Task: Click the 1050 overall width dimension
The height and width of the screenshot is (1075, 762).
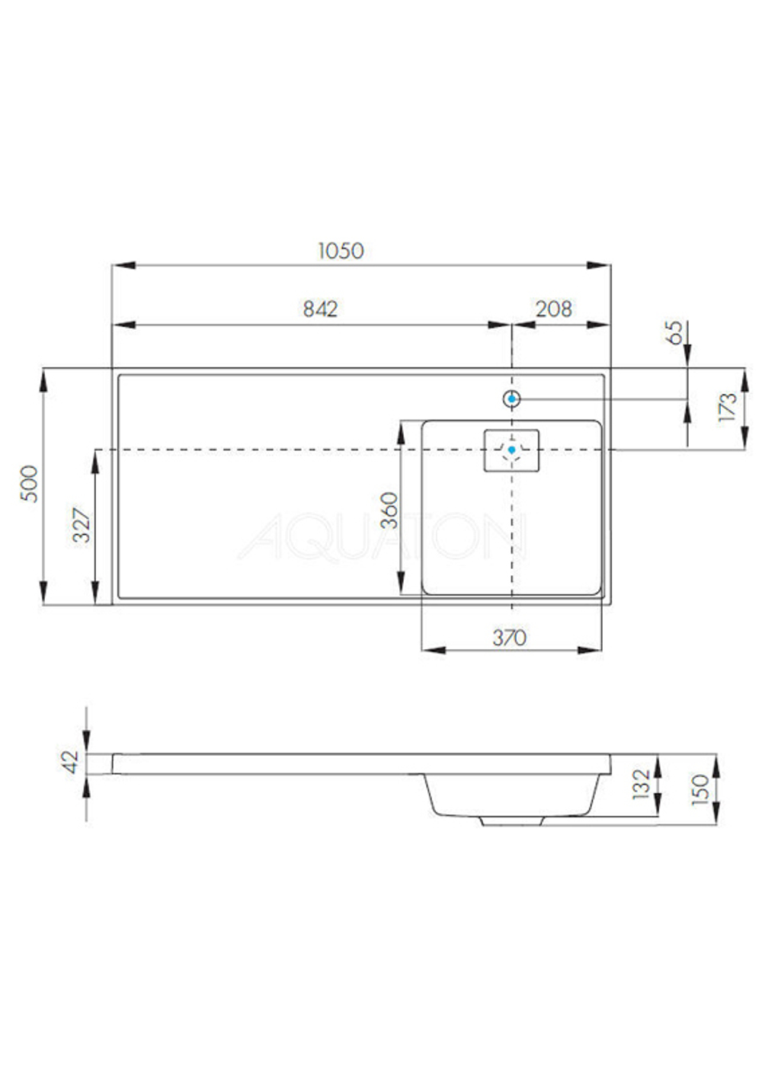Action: click(341, 251)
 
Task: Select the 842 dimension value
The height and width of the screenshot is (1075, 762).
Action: click(320, 309)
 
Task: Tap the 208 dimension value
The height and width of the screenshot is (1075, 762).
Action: click(554, 309)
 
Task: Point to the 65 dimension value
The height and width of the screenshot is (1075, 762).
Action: click(675, 332)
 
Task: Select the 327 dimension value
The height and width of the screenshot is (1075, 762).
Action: click(82, 525)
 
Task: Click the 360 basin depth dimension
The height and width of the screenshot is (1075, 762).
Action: click(389, 510)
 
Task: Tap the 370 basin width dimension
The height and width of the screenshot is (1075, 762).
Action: click(509, 637)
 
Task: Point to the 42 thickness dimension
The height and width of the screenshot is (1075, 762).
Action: click(70, 762)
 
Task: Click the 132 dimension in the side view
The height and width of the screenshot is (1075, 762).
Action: click(642, 784)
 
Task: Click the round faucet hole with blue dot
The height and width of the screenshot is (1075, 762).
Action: click(511, 398)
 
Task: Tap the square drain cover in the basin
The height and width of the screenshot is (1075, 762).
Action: click(512, 450)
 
